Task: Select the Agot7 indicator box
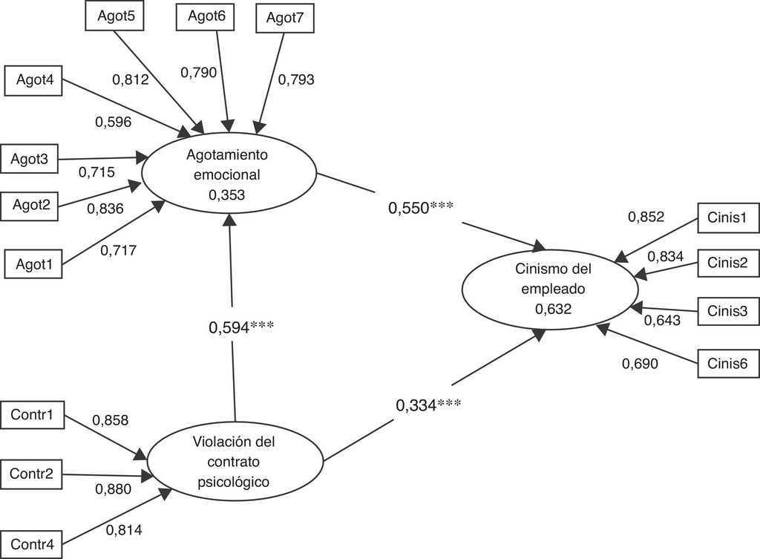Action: pyautogui.click(x=285, y=19)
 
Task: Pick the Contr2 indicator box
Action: pyautogui.click(x=31, y=474)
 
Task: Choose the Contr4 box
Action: pyautogui.click(x=31, y=544)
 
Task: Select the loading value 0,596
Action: pyautogui.click(x=113, y=121)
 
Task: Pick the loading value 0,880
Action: pyautogui.click(x=113, y=488)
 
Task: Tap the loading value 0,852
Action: pyautogui.click(x=646, y=217)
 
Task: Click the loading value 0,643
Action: pyautogui.click(x=662, y=321)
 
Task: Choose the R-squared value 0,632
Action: pyautogui.click(x=553, y=308)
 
